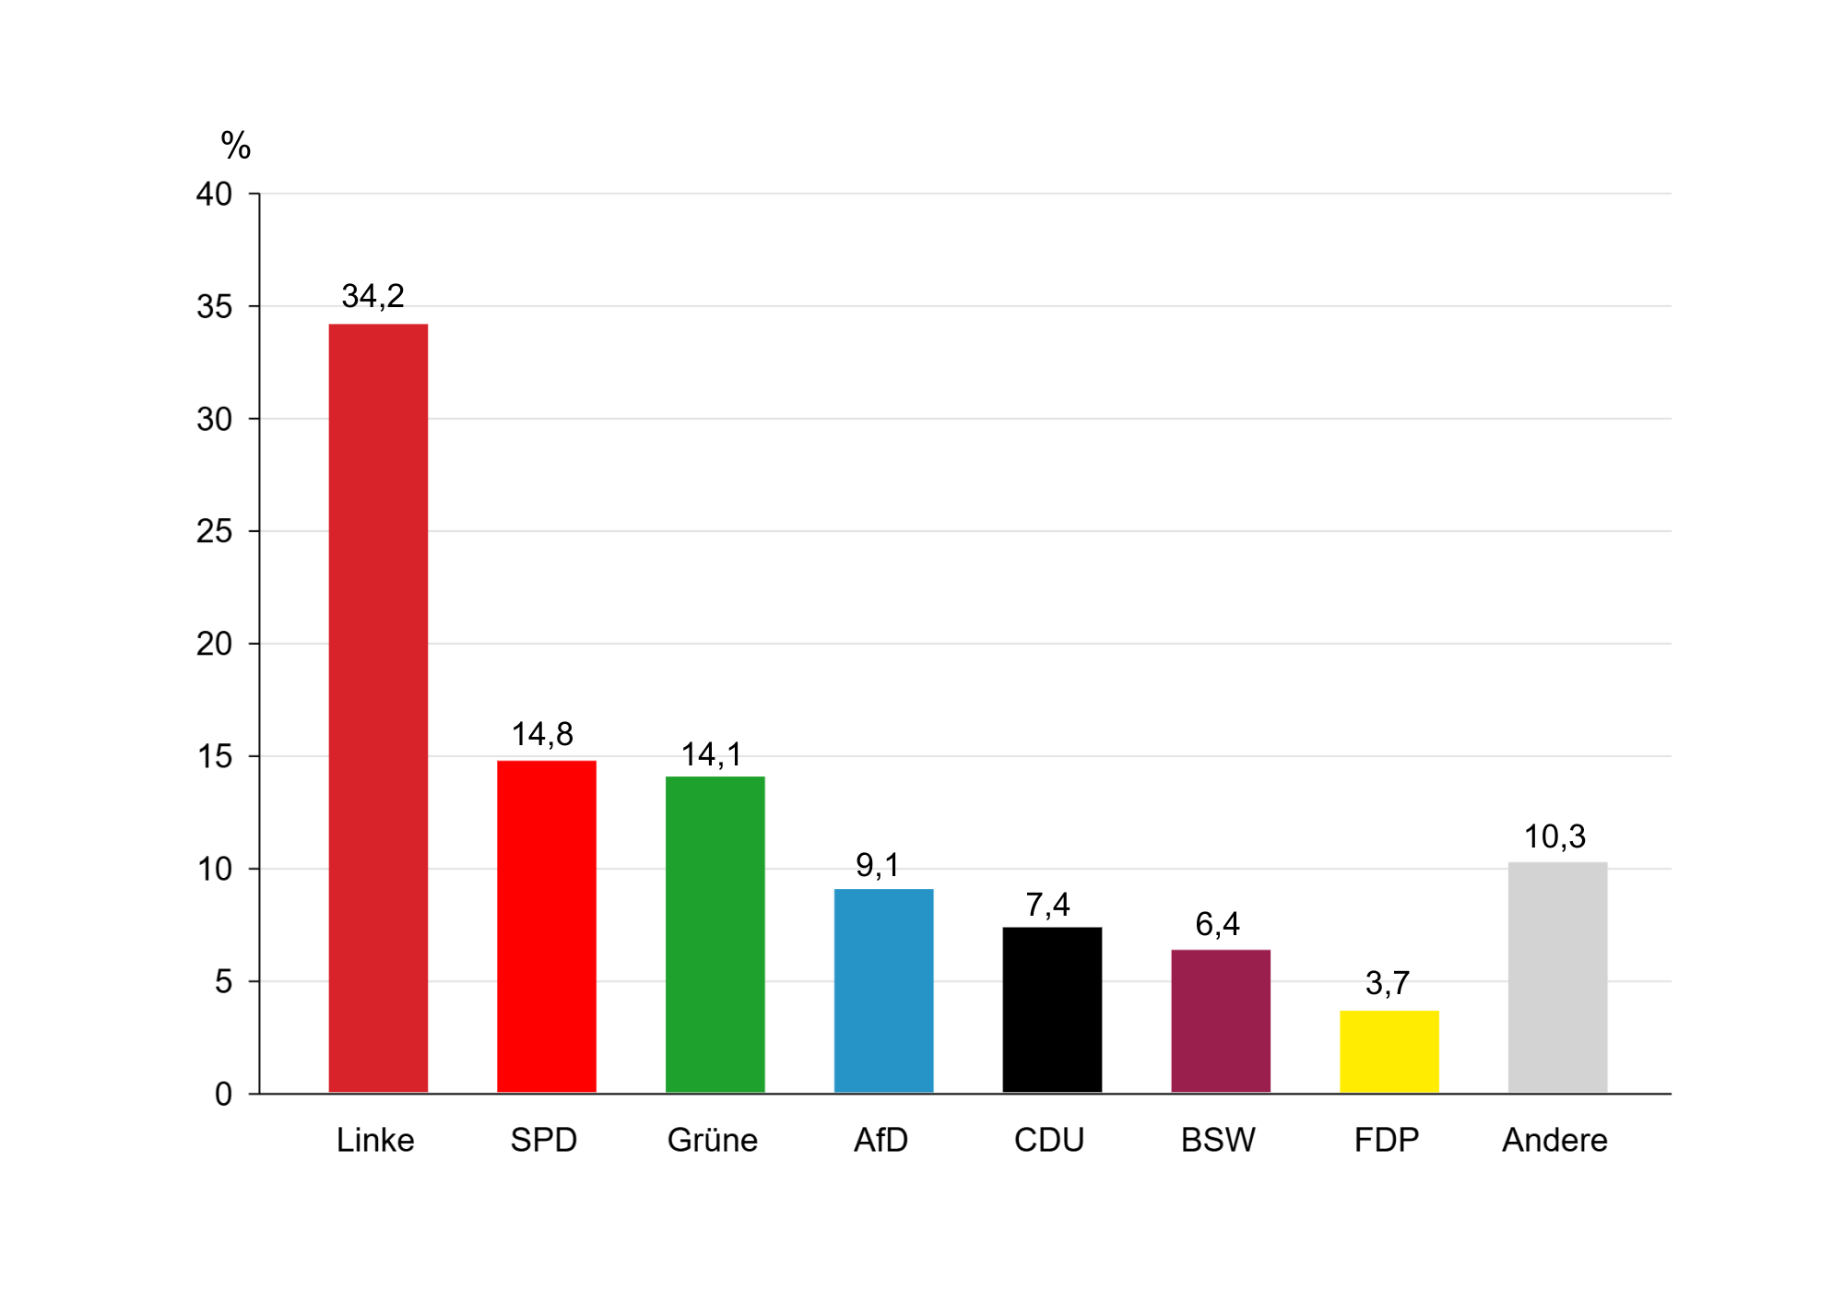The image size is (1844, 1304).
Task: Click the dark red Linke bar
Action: click(378, 708)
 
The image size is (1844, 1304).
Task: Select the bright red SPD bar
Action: click(547, 927)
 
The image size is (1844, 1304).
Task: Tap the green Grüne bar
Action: click(715, 934)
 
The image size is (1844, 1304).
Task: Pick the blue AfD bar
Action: click(883, 990)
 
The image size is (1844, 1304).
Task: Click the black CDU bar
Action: click(1052, 1010)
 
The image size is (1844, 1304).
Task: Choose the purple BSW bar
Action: click(1221, 1021)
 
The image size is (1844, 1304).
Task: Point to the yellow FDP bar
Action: click(1389, 1051)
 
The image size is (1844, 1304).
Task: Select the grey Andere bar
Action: click(1557, 978)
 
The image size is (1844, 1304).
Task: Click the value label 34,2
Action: click(372, 296)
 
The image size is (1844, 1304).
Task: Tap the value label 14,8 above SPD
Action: click(542, 734)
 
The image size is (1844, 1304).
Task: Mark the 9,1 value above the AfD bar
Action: click(878, 865)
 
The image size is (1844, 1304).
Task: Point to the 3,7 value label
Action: click(1388, 983)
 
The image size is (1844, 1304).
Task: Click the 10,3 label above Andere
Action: click(1554, 836)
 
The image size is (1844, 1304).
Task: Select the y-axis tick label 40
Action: click(214, 194)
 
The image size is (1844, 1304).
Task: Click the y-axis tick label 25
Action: click(214, 531)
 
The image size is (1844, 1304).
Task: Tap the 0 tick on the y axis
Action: click(223, 1094)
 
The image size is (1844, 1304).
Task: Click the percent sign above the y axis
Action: click(236, 146)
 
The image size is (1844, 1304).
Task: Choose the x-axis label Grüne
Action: click(713, 1141)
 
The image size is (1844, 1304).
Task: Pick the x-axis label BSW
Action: click(1218, 1141)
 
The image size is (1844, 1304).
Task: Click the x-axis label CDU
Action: click(1049, 1141)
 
